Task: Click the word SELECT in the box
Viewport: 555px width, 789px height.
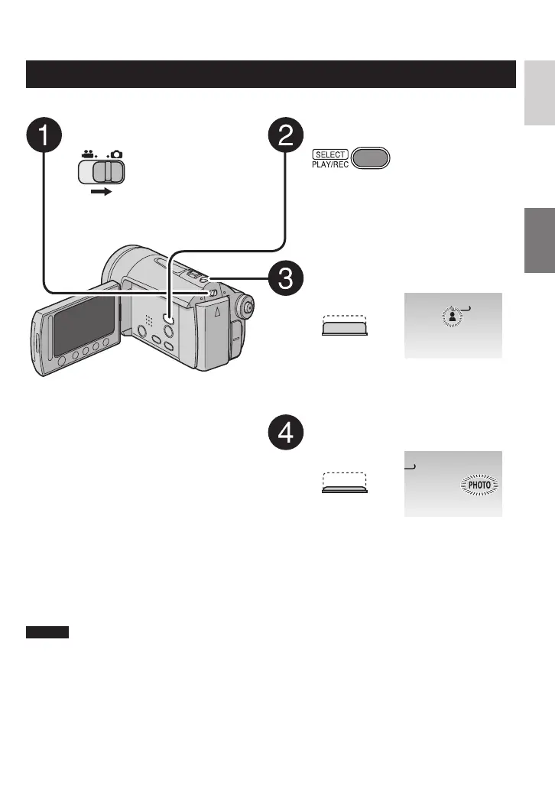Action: coord(329,154)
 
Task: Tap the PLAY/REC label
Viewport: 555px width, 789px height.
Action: coord(329,165)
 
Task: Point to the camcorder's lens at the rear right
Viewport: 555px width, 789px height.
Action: coord(246,307)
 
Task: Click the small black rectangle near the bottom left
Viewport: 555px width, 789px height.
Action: coord(47,632)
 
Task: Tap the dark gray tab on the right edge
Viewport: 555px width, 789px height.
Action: coord(540,241)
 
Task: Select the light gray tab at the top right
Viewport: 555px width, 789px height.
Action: coord(540,92)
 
